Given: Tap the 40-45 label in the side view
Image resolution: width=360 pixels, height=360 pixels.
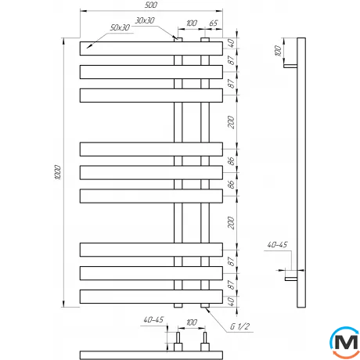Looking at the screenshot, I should click(x=277, y=246).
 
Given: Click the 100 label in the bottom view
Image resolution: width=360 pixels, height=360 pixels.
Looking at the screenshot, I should click(x=191, y=320).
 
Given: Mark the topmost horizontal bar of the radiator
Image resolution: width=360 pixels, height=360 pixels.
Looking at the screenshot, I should click(x=149, y=49).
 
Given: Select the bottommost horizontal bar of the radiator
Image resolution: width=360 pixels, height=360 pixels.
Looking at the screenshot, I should click(x=149, y=297).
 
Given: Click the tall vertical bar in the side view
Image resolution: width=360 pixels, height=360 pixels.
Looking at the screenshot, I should click(x=301, y=172).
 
